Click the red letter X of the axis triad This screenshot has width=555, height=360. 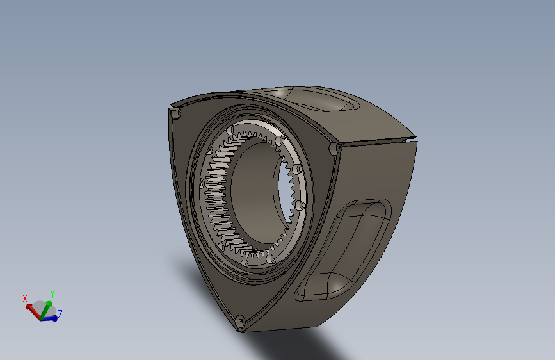pos(25,299)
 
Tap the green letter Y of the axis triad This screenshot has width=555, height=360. pos(52,294)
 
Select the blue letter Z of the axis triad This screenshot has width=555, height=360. pos(60,314)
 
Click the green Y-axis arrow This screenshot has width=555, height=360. pos(46,310)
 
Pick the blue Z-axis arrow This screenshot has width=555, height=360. pos(49,318)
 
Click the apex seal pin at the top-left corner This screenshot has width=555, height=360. pos(175,113)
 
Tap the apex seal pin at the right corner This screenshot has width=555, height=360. pos(334,148)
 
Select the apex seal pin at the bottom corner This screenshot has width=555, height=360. pos(239,320)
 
